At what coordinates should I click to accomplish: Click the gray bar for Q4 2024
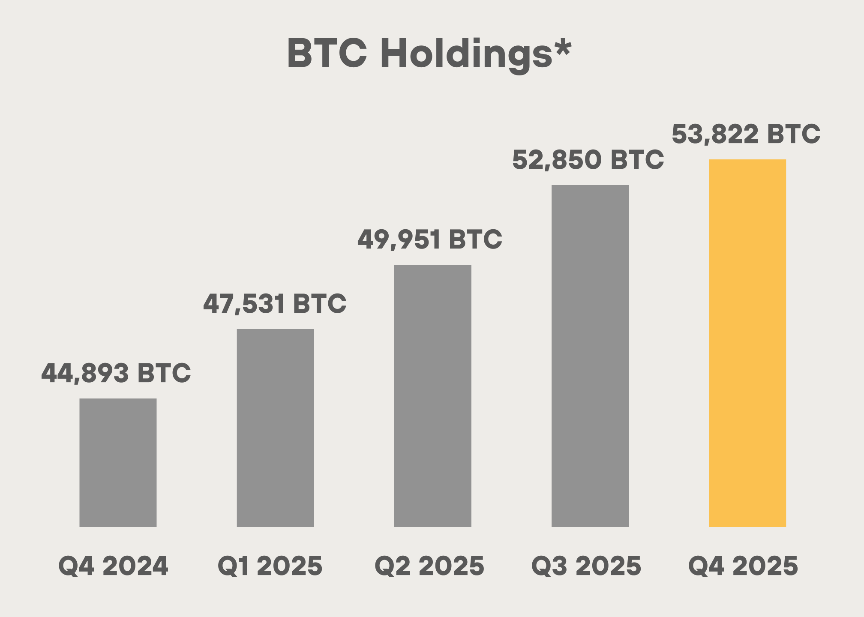pyautogui.click(x=118, y=462)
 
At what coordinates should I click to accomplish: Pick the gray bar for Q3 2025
pyautogui.click(x=590, y=356)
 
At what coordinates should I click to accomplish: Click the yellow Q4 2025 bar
pyautogui.click(x=747, y=343)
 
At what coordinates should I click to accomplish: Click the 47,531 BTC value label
pyautogui.click(x=274, y=304)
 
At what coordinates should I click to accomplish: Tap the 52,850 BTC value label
pyautogui.click(x=588, y=160)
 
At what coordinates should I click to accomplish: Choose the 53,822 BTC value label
pyautogui.click(x=746, y=134)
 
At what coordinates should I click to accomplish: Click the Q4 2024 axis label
pyautogui.click(x=113, y=566)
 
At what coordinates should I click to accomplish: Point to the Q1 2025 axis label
pyautogui.click(x=270, y=566)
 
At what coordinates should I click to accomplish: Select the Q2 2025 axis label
pyautogui.click(x=429, y=566)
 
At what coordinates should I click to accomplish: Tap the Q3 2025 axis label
pyautogui.click(x=586, y=566)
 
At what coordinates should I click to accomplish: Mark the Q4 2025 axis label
pyautogui.click(x=743, y=566)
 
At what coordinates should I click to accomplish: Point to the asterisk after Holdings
pyautogui.click(x=563, y=47)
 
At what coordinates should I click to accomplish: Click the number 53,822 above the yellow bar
pyautogui.click(x=715, y=134)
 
